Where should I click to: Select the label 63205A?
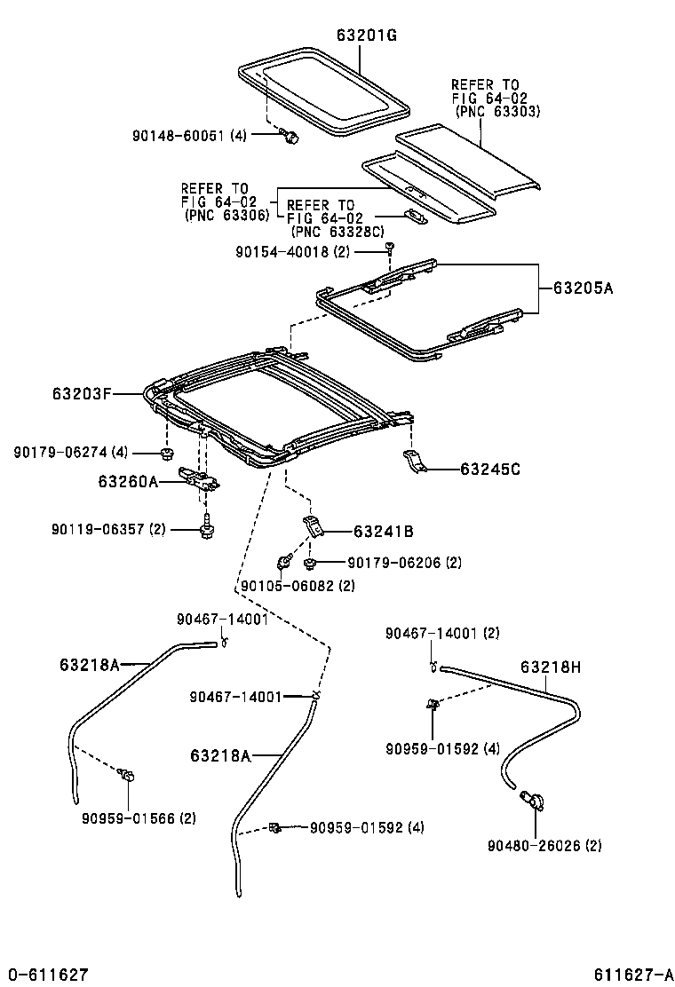pos(584,288)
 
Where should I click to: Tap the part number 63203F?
pos(79,392)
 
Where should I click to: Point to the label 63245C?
pos(491,468)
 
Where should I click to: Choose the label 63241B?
pos(383,532)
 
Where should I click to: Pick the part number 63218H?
pos(552,667)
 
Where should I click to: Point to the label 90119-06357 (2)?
pos(109,530)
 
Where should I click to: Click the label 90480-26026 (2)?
pos(544,846)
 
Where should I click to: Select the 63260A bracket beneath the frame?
pos(200,479)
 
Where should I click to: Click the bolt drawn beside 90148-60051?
pos(289,136)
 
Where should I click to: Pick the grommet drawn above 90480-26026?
pos(533,801)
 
